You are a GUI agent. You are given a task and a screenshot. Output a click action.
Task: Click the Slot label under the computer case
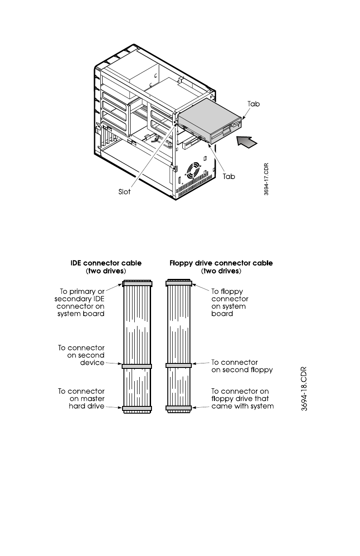point(124,192)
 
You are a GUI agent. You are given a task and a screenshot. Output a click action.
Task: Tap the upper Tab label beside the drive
point(253,104)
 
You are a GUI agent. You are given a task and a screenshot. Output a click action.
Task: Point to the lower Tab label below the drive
point(229,176)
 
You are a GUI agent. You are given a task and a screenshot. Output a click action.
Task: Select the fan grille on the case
point(193,171)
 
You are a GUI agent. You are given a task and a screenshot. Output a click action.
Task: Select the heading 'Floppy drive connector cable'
point(221,263)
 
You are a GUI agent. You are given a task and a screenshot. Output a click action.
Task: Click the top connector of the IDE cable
point(137,283)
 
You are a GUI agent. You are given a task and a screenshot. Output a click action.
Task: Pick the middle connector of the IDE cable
point(137,365)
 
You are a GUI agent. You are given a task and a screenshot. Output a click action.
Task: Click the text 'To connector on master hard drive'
point(81,398)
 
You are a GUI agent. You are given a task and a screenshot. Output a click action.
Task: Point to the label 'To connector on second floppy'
point(242,366)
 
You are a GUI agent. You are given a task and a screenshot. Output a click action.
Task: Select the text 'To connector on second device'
point(81,355)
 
